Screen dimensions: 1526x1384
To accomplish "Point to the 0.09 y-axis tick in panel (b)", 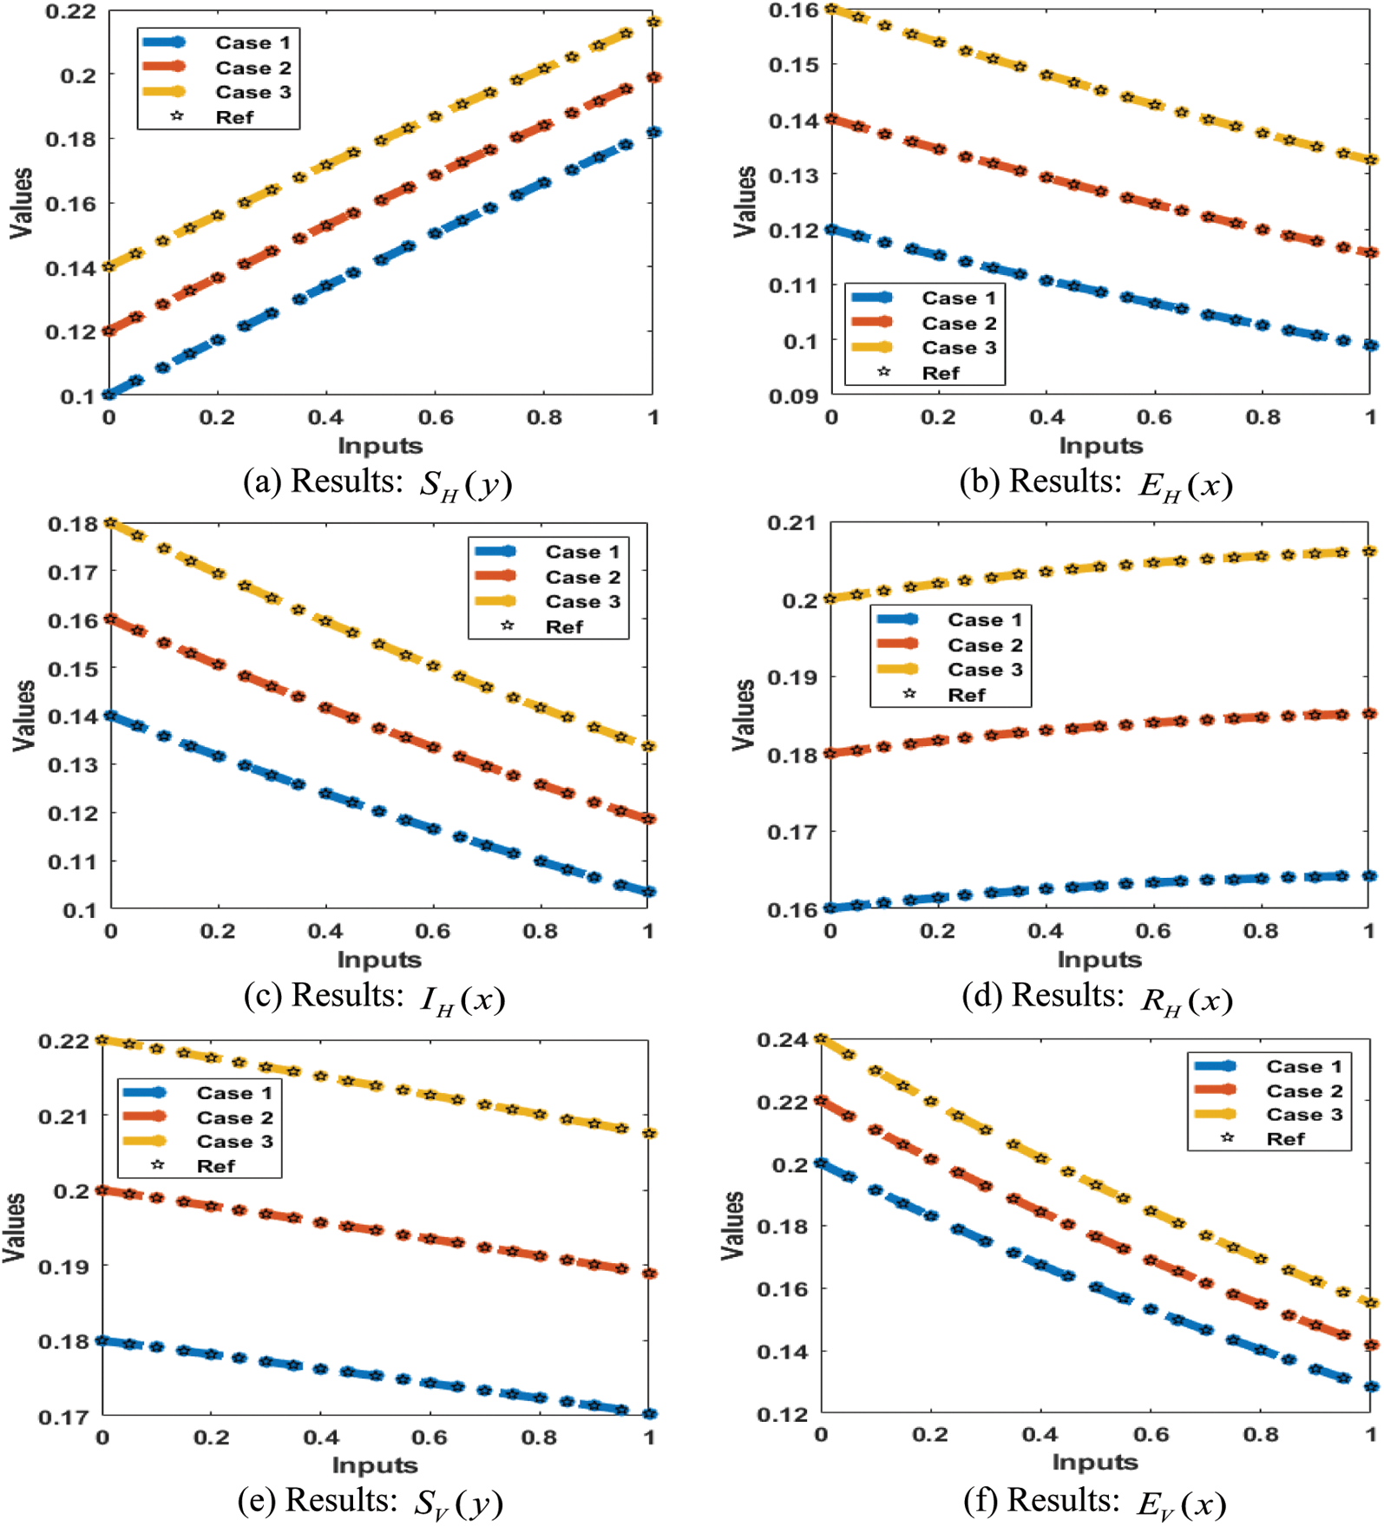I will pyautogui.click(x=793, y=396).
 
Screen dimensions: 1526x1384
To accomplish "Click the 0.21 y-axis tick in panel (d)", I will pyautogui.click(x=791, y=523).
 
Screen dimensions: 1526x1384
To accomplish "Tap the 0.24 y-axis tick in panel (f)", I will pyautogui.click(x=782, y=1039).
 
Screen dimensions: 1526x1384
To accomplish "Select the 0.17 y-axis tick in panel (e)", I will pyautogui.click(x=62, y=1417).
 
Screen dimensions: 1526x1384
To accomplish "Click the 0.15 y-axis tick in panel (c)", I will pyautogui.click(x=73, y=669).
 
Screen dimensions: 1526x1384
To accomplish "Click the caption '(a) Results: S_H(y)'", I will pyautogui.click(x=377, y=482).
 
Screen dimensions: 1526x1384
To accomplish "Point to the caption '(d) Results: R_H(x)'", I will pyautogui.click(x=1097, y=997).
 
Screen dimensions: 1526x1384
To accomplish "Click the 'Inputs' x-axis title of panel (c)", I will pyautogui.click(x=379, y=959).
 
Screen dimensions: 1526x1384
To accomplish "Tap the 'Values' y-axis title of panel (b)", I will pyautogui.click(x=744, y=201).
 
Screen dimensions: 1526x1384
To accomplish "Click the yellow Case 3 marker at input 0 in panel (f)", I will pyautogui.click(x=821, y=1039).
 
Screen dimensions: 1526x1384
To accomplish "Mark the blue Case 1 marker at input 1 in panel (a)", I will pyautogui.click(x=653, y=133).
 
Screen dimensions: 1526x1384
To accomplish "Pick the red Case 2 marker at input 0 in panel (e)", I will pyautogui.click(x=102, y=1190).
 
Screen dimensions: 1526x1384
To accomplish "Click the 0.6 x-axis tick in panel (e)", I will pyautogui.click(x=430, y=1438).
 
